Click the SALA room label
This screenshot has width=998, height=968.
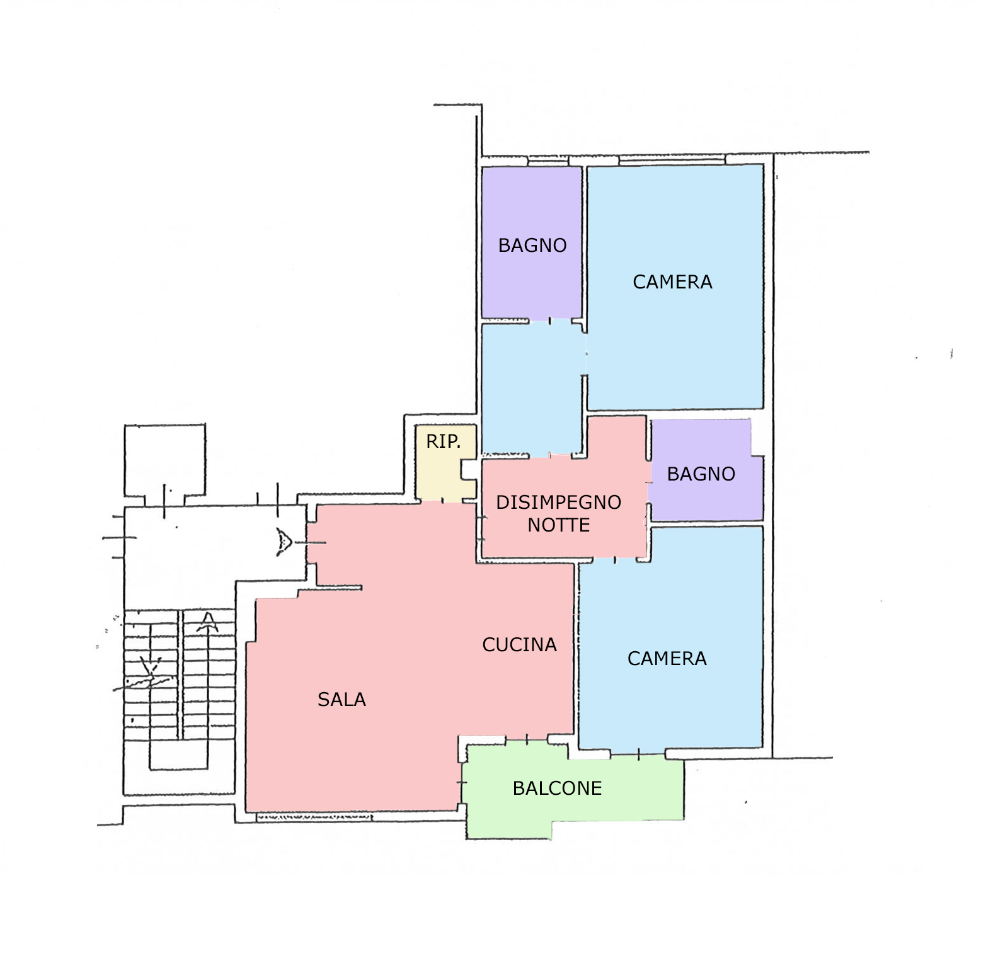[x=341, y=700]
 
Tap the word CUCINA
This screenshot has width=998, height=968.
[x=520, y=645]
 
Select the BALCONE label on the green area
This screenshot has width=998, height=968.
[x=558, y=789]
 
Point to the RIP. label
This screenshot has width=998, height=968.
[x=444, y=441]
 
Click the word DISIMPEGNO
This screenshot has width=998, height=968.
[x=559, y=503]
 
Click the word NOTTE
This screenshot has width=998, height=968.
[x=559, y=525]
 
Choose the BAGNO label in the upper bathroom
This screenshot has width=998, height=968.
[x=532, y=246]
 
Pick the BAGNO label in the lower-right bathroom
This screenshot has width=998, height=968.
[x=701, y=474]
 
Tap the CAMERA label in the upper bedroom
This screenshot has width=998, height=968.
[x=673, y=282]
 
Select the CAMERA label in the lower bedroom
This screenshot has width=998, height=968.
[x=667, y=659]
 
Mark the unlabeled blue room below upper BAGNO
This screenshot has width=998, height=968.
[x=531, y=387]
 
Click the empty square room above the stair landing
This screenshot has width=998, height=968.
[x=165, y=460]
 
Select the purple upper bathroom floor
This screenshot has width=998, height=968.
[x=532, y=242]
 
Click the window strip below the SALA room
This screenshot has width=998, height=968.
[x=314, y=817]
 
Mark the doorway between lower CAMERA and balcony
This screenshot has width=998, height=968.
[x=638, y=753]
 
